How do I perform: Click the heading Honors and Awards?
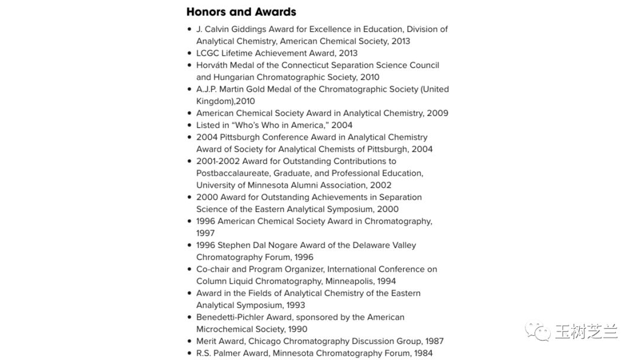point(241,12)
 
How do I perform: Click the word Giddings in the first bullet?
point(247,29)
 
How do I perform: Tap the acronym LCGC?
point(208,53)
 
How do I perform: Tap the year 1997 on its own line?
point(205,233)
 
